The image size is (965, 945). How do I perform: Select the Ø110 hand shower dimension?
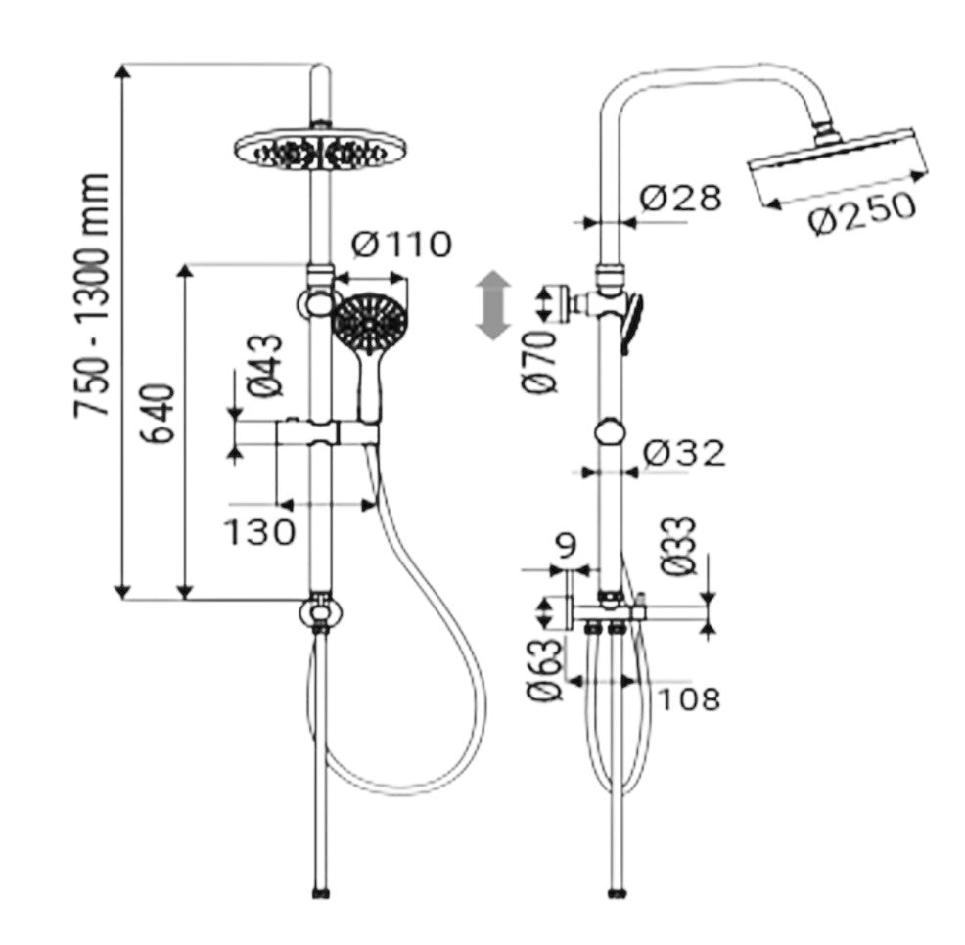(x=402, y=245)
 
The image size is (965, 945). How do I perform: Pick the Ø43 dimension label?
(x=266, y=365)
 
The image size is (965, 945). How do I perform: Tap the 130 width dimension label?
(x=259, y=532)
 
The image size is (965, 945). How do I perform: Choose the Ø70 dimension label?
(x=540, y=362)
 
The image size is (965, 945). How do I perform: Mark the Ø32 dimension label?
(x=685, y=453)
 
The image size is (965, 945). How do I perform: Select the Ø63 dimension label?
(x=545, y=670)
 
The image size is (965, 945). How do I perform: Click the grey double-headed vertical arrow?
(x=492, y=305)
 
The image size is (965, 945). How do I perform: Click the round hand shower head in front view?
(x=369, y=319)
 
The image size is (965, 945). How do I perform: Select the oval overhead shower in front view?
(x=319, y=152)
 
